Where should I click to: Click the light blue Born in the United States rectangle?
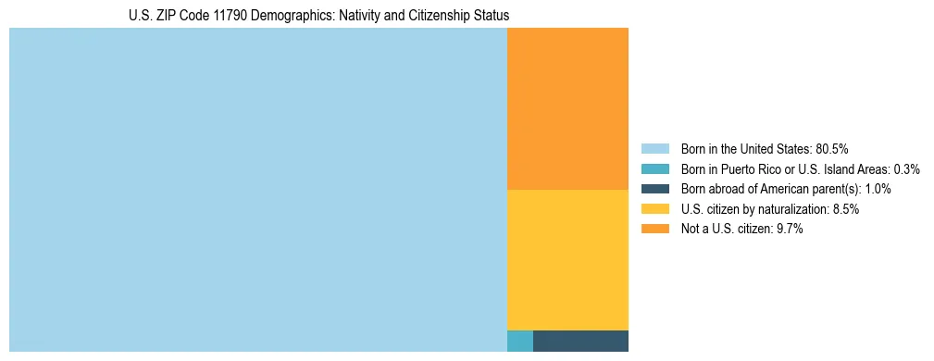[x=257, y=190]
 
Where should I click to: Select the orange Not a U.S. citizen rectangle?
[x=567, y=108]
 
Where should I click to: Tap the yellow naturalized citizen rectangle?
[x=567, y=259]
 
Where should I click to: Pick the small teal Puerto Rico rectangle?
[x=520, y=341]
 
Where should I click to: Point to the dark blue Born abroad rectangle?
[x=580, y=341]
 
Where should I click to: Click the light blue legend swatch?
[x=655, y=149]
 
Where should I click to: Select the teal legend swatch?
[x=655, y=169]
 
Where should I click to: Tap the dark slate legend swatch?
[x=655, y=189]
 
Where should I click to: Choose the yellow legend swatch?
[x=655, y=209]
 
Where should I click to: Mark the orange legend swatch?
[x=655, y=229]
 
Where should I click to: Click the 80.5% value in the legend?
[x=831, y=149]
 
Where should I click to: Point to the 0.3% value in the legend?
[x=906, y=169]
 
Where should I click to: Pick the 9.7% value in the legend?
[x=788, y=229]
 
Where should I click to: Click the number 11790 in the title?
[x=243, y=16]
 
